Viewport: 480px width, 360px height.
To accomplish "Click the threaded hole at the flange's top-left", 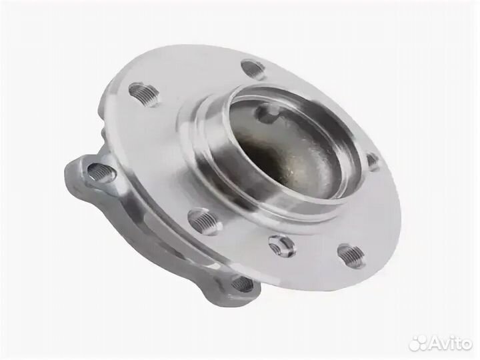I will coord(144,93).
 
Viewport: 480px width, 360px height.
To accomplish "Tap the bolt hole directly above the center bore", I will coord(253,68).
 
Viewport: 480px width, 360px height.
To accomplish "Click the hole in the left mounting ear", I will coord(102,173).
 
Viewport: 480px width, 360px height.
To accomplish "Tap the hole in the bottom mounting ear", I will coord(242,285).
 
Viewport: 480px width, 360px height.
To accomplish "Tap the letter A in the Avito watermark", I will coord(433,343).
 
